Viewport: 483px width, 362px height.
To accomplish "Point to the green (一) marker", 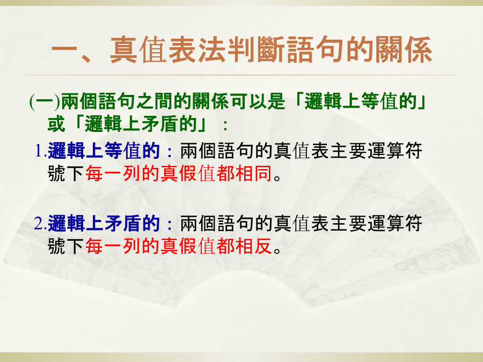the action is (45, 101).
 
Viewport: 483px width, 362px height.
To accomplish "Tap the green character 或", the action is (57, 124).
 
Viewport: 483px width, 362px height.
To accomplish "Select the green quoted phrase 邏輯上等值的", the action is (361, 101).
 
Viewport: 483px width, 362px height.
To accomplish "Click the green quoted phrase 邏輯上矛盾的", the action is (141, 124).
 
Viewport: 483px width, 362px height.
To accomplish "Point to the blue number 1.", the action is (41, 151).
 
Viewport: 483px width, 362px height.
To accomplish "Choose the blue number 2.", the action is (40, 224).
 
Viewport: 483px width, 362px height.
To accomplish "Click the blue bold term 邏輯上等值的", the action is (104, 151).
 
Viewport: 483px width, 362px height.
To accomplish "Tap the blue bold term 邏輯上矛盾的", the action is (104, 224).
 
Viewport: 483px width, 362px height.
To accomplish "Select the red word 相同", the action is (253, 173).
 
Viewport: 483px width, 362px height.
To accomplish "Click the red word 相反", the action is (253, 246).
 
